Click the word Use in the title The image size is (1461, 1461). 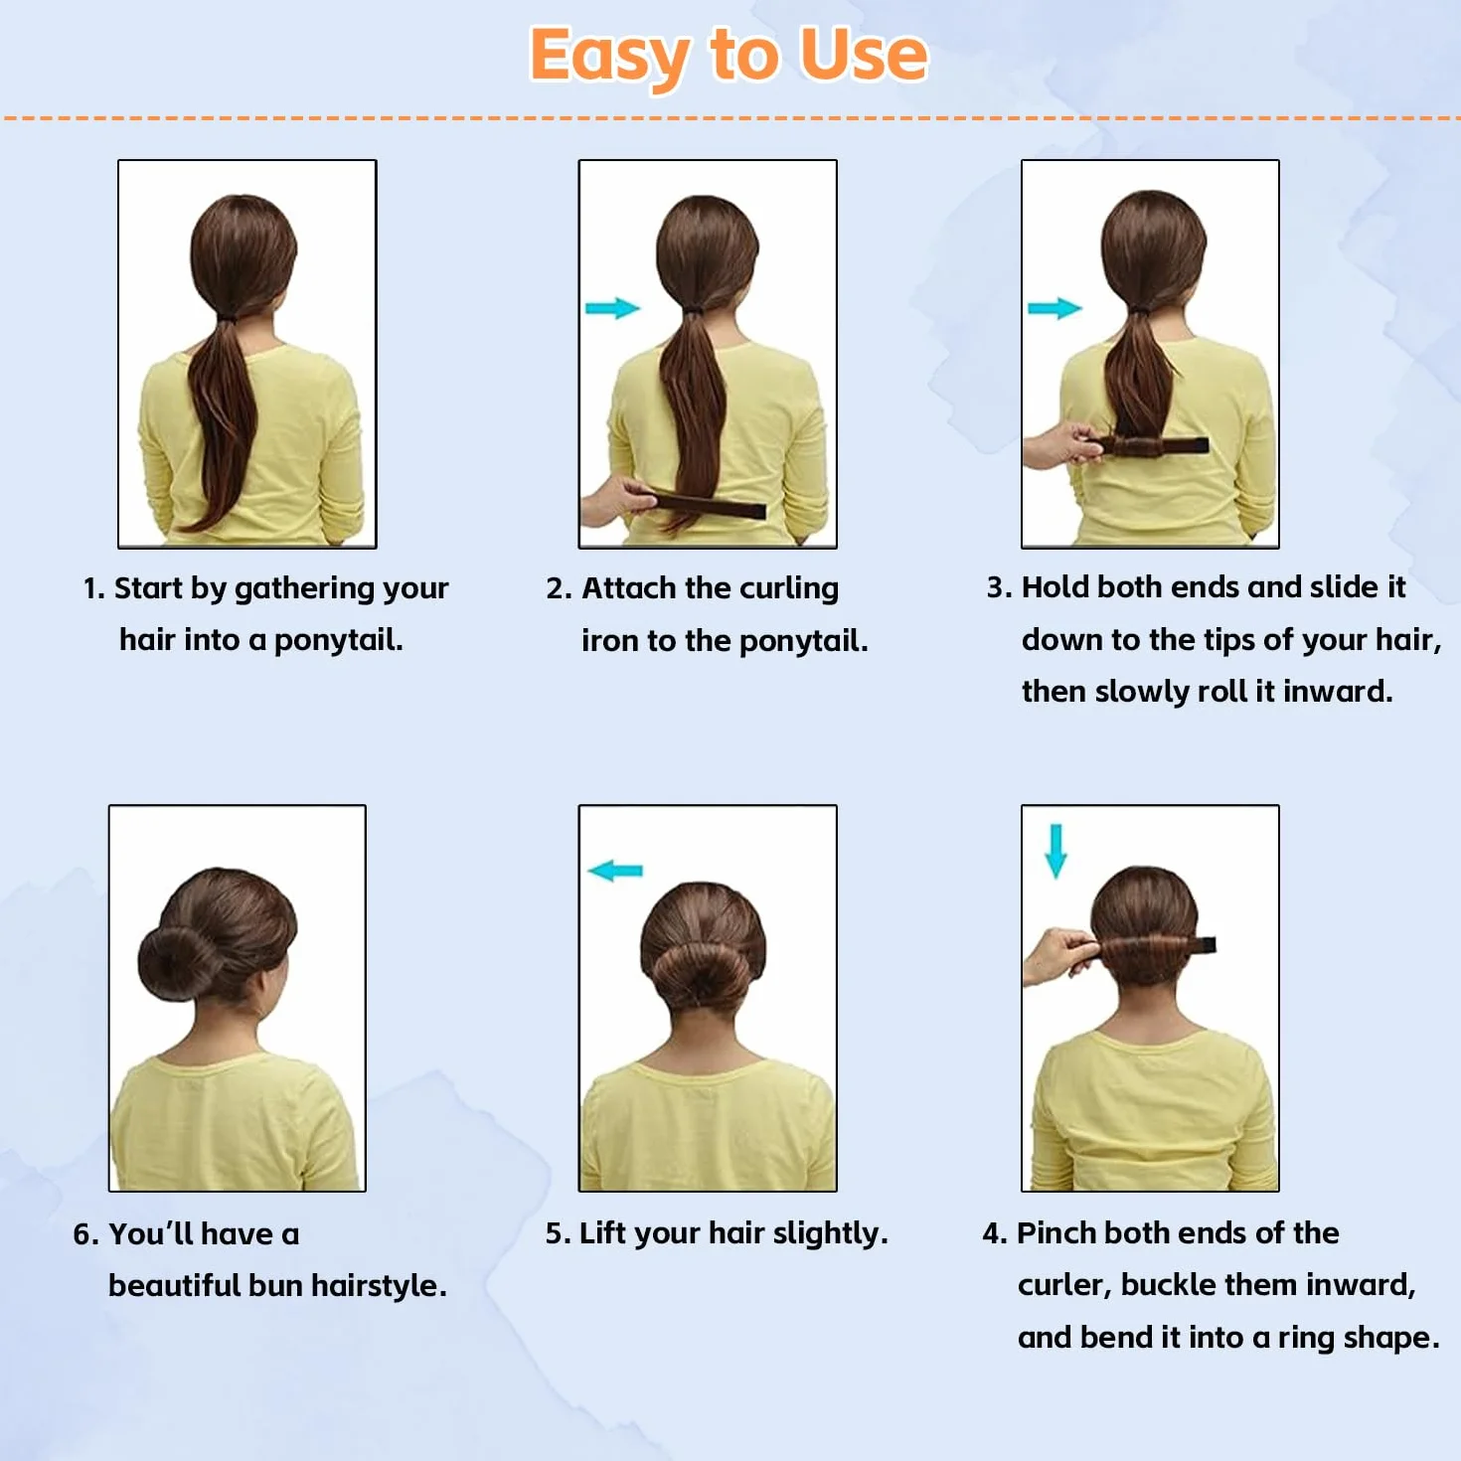pos(864,55)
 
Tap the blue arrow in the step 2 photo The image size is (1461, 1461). pos(612,308)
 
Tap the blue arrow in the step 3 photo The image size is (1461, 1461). pos(1055,308)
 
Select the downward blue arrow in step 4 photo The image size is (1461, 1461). pos(1056,851)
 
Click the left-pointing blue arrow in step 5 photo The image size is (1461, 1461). pos(615,871)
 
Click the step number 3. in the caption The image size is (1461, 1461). pos(999,587)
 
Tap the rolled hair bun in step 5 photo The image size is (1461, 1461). pos(702,973)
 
